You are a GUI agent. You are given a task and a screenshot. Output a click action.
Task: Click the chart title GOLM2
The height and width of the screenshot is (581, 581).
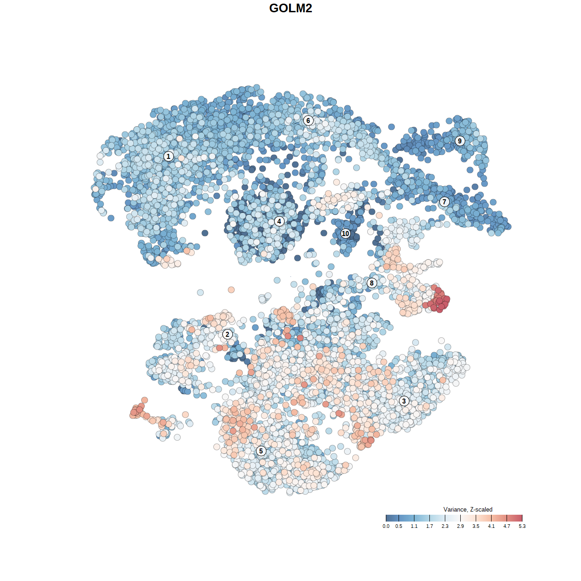tap(290, 8)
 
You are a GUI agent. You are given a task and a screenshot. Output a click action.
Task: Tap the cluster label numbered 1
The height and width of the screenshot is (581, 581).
tap(168, 156)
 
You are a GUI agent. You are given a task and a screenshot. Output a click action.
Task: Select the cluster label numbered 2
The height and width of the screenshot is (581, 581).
tap(227, 335)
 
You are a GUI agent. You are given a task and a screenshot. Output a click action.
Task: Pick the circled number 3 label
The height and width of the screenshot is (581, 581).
tap(404, 401)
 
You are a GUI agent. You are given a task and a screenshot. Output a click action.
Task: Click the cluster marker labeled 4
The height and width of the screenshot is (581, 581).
tap(279, 221)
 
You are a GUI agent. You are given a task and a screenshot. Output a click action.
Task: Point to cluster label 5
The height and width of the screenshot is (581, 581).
tap(261, 451)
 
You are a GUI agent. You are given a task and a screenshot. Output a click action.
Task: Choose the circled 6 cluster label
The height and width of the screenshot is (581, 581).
tap(308, 120)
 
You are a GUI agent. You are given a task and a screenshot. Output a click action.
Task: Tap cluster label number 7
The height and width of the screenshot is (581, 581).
tap(444, 202)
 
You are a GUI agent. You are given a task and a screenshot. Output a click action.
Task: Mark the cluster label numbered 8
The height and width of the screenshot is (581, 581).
tap(372, 283)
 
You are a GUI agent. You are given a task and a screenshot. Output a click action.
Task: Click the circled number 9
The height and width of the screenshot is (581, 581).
tap(460, 141)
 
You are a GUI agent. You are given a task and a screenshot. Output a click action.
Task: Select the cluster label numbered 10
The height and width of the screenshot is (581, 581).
tap(345, 233)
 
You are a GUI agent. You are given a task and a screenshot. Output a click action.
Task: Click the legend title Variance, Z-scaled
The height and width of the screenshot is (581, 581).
tap(468, 509)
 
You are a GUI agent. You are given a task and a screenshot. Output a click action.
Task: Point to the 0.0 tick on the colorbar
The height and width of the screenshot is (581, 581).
tap(386, 526)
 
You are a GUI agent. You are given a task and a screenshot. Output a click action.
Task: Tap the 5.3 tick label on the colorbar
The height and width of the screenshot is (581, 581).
tap(522, 526)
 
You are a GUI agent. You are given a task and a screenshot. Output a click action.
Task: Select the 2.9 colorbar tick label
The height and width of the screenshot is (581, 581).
tap(460, 526)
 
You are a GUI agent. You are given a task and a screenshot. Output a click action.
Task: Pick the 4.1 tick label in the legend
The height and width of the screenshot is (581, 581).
tap(491, 526)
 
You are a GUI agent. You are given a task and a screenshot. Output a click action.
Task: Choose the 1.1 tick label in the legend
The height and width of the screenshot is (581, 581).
tap(414, 526)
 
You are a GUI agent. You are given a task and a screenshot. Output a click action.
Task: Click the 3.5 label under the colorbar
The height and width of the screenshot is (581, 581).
tap(476, 526)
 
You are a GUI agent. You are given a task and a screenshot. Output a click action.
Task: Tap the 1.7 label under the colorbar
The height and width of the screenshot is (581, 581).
tap(429, 526)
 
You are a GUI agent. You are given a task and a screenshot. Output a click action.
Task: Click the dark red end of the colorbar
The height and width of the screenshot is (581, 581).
tap(519, 518)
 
